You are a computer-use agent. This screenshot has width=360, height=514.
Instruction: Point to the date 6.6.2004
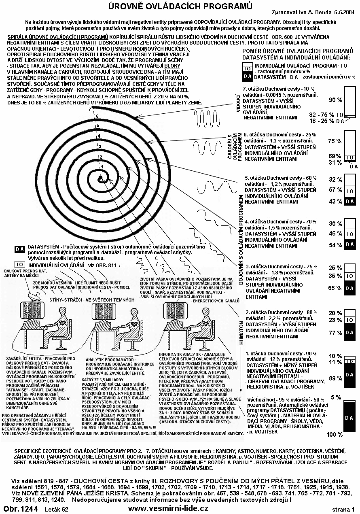344,13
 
